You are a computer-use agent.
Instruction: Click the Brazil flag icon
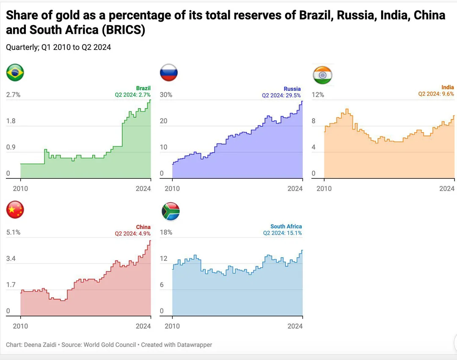15,73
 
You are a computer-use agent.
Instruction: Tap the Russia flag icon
168,73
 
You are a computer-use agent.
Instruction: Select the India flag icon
322,75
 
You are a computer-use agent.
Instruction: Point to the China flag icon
15,210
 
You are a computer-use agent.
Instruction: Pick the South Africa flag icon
171,211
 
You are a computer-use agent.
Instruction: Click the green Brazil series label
143,89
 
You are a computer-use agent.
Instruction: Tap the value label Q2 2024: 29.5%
281,95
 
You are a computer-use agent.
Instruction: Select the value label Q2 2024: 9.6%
436,94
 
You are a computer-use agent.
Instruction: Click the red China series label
143,227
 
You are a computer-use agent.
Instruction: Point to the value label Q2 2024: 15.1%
282,233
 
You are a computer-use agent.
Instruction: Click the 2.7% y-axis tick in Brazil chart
13,95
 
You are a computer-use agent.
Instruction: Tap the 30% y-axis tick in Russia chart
166,95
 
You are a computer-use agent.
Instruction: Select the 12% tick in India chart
318,95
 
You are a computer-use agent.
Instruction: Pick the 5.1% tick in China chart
13,233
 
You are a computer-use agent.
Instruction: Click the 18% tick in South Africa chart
166,233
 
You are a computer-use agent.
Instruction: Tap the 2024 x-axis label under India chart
446,188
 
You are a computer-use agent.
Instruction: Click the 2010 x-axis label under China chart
20,326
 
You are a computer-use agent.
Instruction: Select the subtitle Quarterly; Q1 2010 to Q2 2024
58,47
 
